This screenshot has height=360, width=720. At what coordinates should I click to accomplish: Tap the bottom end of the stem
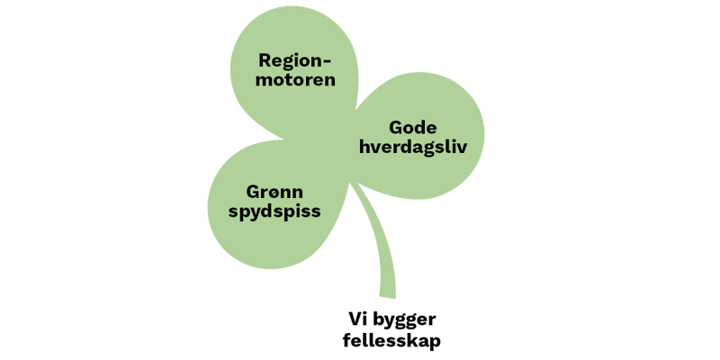(386, 296)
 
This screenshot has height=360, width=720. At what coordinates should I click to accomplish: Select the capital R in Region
(265, 61)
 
